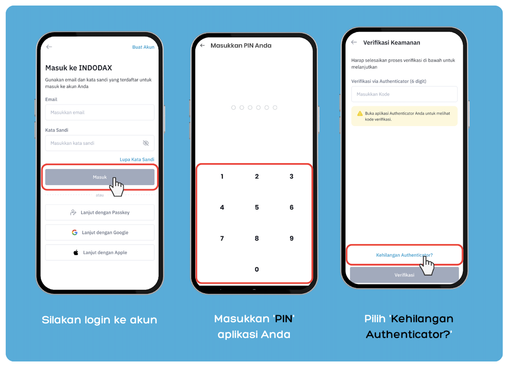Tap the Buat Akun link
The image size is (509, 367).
click(143, 47)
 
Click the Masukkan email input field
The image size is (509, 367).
click(100, 112)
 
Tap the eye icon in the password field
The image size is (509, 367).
click(146, 143)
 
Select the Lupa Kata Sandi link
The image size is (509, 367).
click(137, 159)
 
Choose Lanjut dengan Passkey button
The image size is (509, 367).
click(100, 213)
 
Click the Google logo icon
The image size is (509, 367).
click(75, 232)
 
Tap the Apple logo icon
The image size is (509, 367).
click(76, 252)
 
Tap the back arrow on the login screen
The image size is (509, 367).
click(49, 47)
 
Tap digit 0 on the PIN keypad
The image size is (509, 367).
click(257, 269)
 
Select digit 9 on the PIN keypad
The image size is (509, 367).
click(292, 238)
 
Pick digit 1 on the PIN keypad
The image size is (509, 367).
click(222, 176)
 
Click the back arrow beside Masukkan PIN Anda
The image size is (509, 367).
click(203, 45)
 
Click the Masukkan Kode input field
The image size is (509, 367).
click(404, 94)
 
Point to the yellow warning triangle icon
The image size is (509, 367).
click(360, 113)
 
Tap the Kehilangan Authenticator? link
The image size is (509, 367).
click(404, 255)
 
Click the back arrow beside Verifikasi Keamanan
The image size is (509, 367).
click(354, 42)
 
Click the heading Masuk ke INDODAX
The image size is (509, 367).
click(79, 68)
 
